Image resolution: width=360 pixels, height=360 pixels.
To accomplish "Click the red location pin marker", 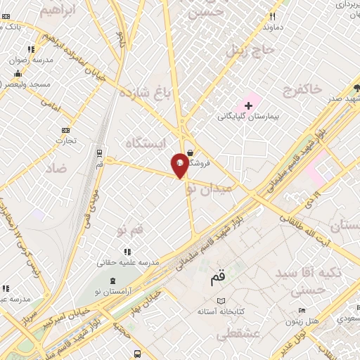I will click(180, 165).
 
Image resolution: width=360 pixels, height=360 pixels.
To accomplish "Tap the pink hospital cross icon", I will click(248, 105).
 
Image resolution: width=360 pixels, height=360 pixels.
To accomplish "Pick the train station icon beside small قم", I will click(100, 151).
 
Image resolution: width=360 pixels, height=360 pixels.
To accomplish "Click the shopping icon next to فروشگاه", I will click(191, 152).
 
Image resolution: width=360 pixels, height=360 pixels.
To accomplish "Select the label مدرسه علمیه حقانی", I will click(129, 262).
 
